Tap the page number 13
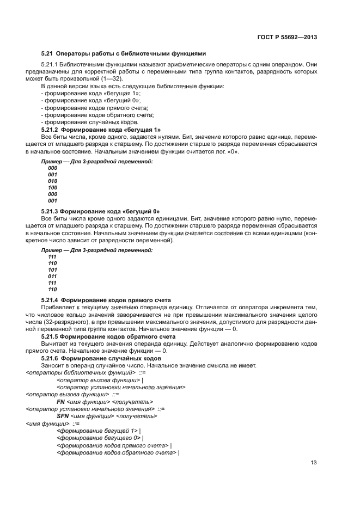(314, 464)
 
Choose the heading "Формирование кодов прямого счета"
(106, 300)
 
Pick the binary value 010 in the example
(52, 181)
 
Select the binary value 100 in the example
(52, 188)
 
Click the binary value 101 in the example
(52, 269)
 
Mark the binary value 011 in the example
(52, 276)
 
